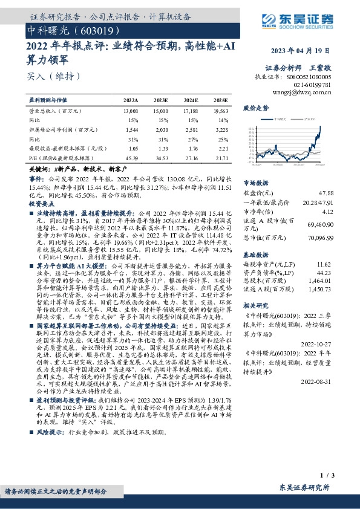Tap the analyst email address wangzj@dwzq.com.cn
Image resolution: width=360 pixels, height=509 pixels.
pyautogui.click(x=309, y=92)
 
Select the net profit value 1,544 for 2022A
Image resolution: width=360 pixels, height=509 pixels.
pyautogui.click(x=131, y=129)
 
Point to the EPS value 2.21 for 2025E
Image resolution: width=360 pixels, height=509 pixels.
pyautogui.click(x=222, y=148)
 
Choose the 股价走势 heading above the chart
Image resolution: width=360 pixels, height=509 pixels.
pyautogui.click(x=255, y=108)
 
